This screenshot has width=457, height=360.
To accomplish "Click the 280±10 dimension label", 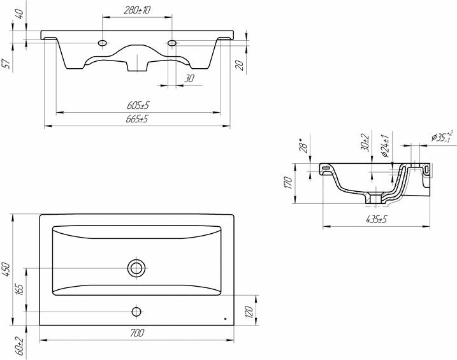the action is [137, 10].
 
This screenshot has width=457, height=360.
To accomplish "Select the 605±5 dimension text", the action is [138, 105].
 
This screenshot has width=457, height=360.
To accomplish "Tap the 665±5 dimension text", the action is [137, 119].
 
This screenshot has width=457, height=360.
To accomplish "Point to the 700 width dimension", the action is [136, 333].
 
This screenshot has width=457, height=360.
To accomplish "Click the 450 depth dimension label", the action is [6, 270].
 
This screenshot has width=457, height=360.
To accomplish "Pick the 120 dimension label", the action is [249, 312].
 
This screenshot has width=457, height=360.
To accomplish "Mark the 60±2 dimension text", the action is [19, 345].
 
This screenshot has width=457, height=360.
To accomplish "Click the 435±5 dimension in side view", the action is [376, 219].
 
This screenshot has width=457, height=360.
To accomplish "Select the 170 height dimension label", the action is [288, 182].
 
